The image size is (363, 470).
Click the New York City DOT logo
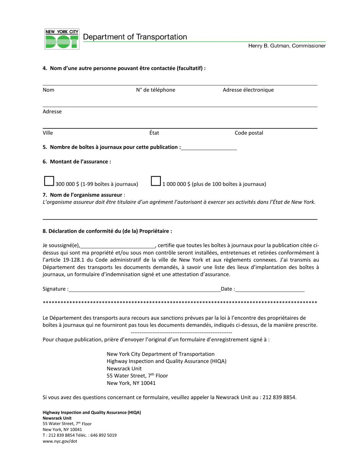tap(62, 39)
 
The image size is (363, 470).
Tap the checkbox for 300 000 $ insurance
tap(49, 181)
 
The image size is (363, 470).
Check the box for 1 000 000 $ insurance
tap(156, 181)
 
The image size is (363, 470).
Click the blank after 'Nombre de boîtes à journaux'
tap(209, 147)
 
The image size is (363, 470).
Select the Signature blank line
tap(145, 289)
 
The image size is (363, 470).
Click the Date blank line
tap(270, 289)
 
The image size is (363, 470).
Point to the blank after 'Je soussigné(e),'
tap(117, 246)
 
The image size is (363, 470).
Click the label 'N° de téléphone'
tap(156, 90)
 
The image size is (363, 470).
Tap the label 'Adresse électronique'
tap(248, 90)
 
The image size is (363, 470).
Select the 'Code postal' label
tap(249, 133)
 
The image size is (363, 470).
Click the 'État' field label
tap(154, 133)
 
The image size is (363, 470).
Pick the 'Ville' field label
tap(48, 133)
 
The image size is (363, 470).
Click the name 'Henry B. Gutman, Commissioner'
tap(287, 46)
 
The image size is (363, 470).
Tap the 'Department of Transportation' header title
tap(135, 37)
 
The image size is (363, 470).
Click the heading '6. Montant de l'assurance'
tap(77, 162)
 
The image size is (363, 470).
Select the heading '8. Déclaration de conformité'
tap(107, 231)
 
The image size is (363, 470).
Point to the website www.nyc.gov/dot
tap(60, 441)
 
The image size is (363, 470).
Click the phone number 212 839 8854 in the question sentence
tap(279, 397)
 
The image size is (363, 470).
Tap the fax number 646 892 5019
tap(104, 435)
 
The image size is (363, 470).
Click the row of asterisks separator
tap(180, 303)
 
